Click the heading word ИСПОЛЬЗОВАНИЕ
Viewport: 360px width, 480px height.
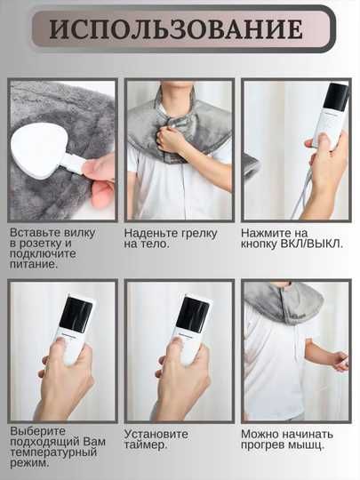pyautogui.click(x=176, y=28)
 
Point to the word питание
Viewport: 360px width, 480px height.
pyautogui.click(x=34, y=264)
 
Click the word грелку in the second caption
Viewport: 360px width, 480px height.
pyautogui.click(x=199, y=233)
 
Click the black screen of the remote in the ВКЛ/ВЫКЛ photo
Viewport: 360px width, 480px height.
pyautogui.click(x=337, y=97)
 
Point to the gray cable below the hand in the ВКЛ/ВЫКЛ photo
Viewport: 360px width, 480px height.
pyautogui.click(x=299, y=195)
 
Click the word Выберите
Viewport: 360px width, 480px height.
pyautogui.click(x=38, y=431)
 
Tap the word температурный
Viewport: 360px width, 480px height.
pyautogui.click(x=53, y=452)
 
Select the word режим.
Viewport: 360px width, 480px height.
pyautogui.click(x=29, y=462)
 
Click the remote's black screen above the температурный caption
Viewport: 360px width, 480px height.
pyautogui.click(x=76, y=315)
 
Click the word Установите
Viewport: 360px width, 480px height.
pyautogui.click(x=156, y=434)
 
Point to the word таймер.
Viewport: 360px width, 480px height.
pyautogui.click(x=146, y=444)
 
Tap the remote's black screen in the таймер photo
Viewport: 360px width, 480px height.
pyautogui.click(x=193, y=315)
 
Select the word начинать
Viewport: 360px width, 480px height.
pyautogui.click(x=307, y=434)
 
